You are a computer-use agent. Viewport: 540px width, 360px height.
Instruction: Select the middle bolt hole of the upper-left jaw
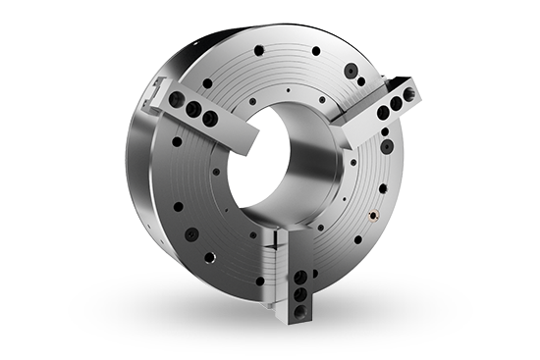tap(193, 107)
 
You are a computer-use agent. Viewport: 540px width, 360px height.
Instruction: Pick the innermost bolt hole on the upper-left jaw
tap(209, 119)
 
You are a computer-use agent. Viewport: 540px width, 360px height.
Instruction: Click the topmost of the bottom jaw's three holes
tap(297, 276)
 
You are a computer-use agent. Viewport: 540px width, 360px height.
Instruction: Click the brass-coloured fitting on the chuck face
tap(374, 212)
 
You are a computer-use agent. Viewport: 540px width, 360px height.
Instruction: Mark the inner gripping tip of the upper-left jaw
tap(239, 137)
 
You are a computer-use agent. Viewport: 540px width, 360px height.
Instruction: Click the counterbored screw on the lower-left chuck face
tap(192, 234)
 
